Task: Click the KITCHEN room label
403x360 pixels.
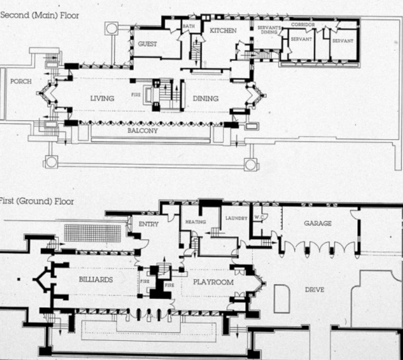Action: pos(223,30)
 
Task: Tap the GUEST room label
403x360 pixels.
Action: pos(147,44)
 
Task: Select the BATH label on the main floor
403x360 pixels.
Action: pos(189,26)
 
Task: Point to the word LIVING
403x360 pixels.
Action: pos(102,98)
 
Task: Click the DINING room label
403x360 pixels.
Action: pos(206,99)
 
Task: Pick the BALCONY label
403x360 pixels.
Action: pos(142,130)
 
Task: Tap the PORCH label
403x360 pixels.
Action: pos(21,81)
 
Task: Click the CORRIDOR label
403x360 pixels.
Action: pos(303,25)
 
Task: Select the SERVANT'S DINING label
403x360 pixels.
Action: pos(269,30)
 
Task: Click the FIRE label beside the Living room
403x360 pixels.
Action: pos(136,95)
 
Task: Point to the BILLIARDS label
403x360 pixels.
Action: pos(96,280)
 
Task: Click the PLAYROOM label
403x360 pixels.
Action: pos(213,282)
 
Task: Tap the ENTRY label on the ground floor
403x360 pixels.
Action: pos(149,224)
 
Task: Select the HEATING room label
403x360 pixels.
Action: pos(196,222)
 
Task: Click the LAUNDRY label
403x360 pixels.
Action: pos(236,218)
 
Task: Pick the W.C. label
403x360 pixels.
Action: pos(259,217)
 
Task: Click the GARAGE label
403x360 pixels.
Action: pos(318,223)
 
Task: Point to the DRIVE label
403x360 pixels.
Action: pos(314,290)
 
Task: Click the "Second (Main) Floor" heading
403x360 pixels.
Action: pos(40,15)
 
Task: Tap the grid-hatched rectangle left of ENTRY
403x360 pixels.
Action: pos(92,233)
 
